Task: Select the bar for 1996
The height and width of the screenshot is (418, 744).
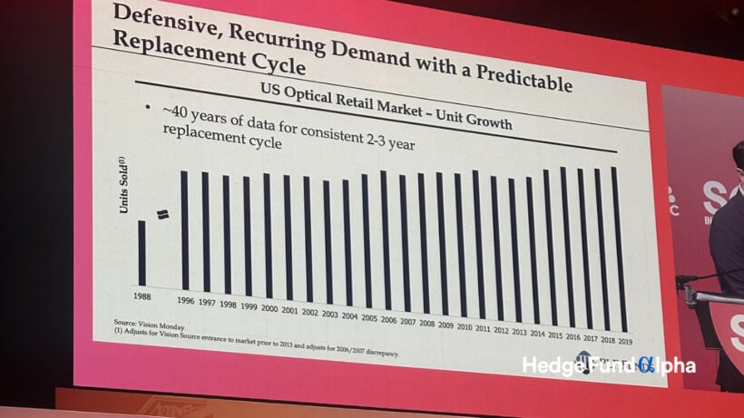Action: pyautogui.click(x=184, y=230)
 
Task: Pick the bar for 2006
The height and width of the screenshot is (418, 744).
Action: pyautogui.click(x=386, y=240)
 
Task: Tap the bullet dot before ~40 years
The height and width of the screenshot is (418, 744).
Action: pyautogui.click(x=147, y=110)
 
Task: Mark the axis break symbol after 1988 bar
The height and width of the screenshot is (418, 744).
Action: pyautogui.click(x=163, y=214)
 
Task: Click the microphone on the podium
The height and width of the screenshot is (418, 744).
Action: pyautogui.click(x=694, y=277)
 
